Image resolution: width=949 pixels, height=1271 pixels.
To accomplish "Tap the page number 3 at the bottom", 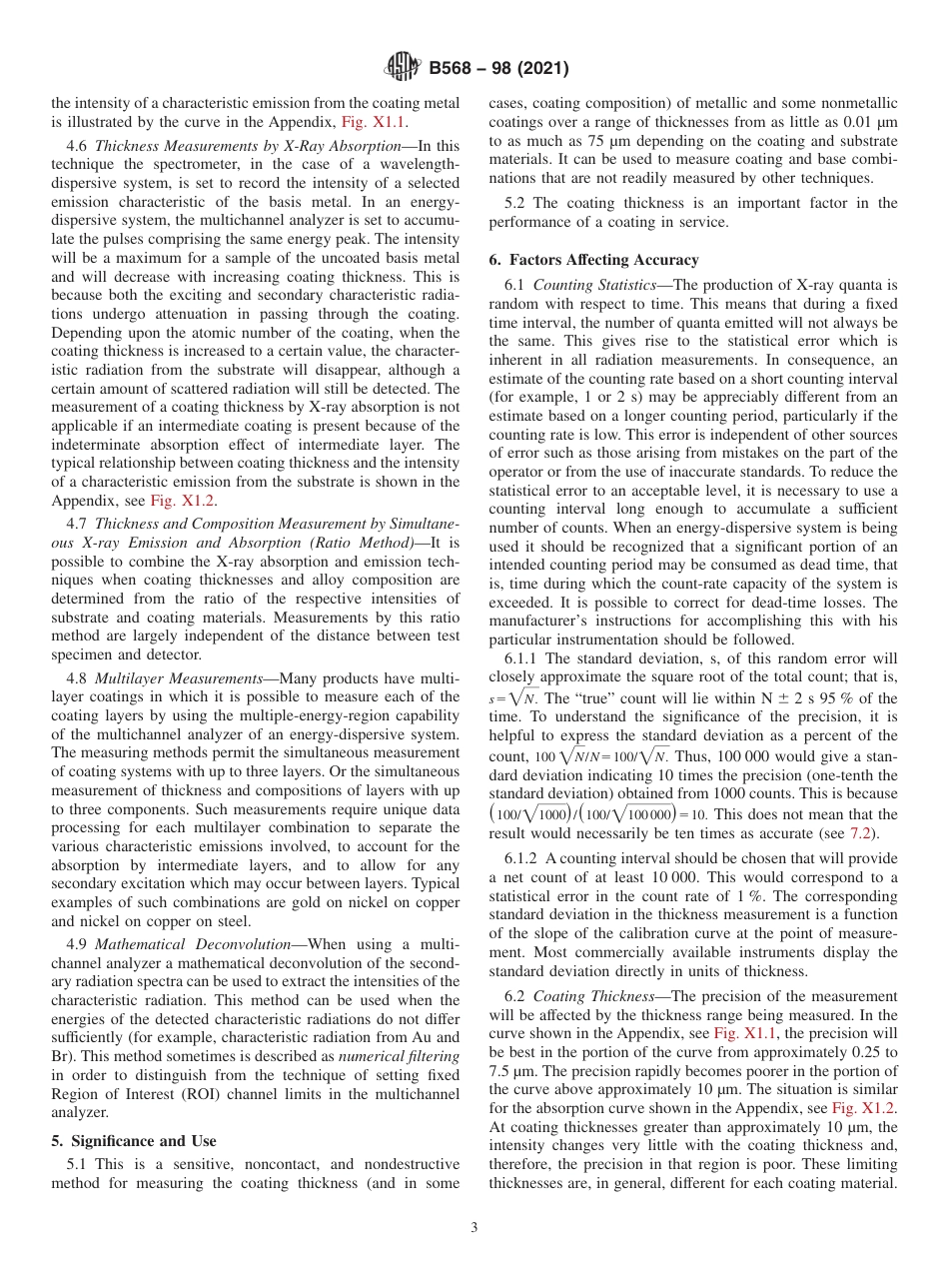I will click(x=474, y=1228).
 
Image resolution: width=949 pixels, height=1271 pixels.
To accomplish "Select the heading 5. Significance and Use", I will click(x=134, y=1141).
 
